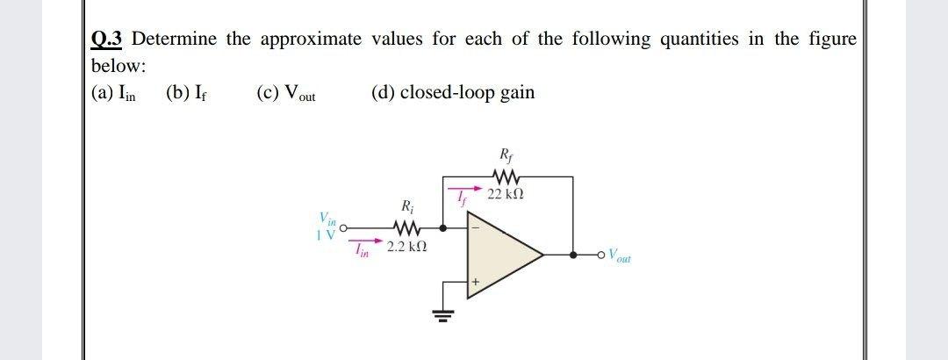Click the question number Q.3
(109, 40)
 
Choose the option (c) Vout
(286, 94)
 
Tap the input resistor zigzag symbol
(406, 227)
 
